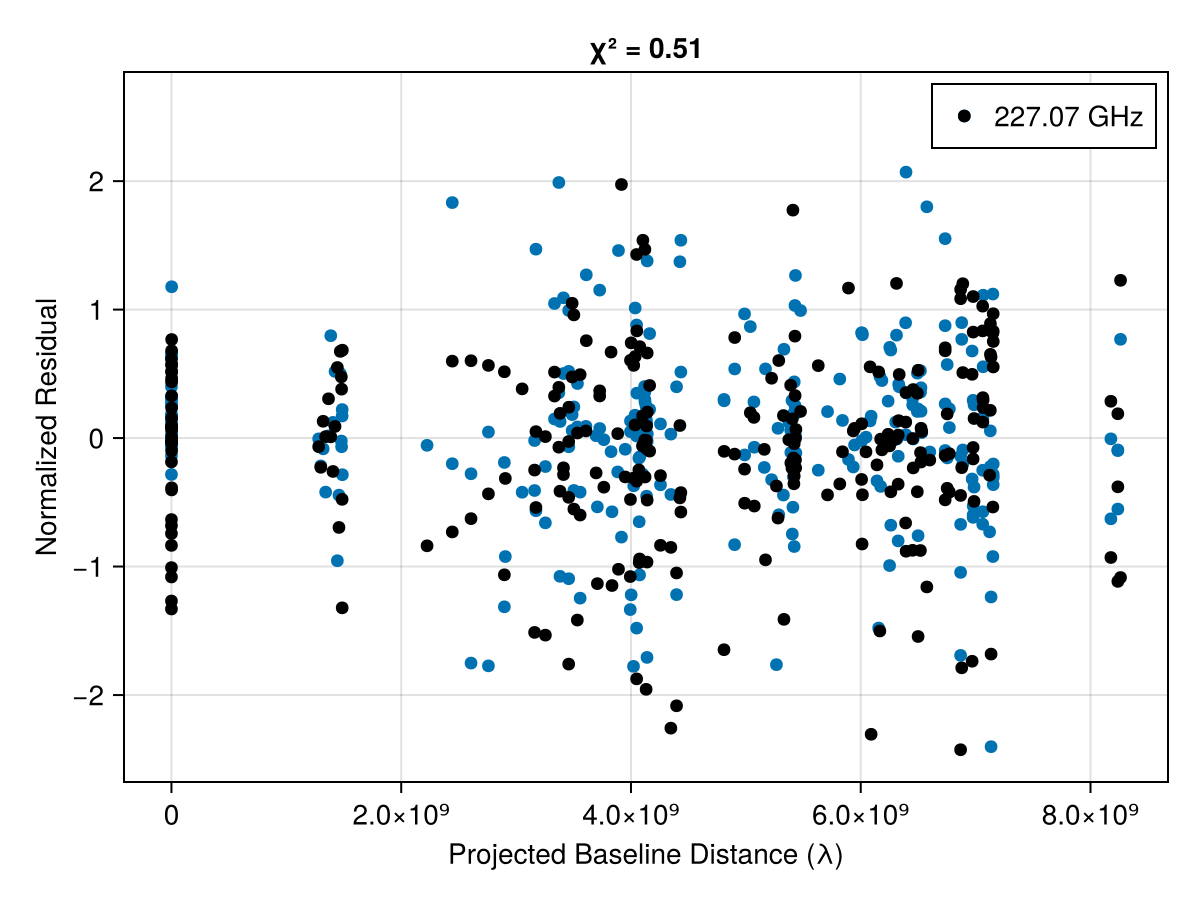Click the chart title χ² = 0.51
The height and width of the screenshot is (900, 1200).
[645, 49]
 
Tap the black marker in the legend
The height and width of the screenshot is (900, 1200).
[964, 116]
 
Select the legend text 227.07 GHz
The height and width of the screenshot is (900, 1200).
[1067, 117]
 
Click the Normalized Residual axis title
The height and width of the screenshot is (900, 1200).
[46, 427]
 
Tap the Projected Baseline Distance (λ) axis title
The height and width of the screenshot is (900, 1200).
[645, 856]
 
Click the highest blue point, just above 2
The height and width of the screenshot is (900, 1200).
[906, 172]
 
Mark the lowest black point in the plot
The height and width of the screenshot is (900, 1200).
[960, 749]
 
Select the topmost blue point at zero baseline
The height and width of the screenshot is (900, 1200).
[171, 287]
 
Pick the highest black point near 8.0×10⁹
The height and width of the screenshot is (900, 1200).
[1120, 280]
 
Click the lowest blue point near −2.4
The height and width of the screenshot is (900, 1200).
[991, 746]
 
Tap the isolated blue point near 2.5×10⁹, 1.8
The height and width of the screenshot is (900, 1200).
[452, 202]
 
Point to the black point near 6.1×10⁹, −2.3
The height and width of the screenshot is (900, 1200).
[871, 734]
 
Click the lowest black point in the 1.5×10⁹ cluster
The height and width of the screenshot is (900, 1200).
[342, 607]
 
